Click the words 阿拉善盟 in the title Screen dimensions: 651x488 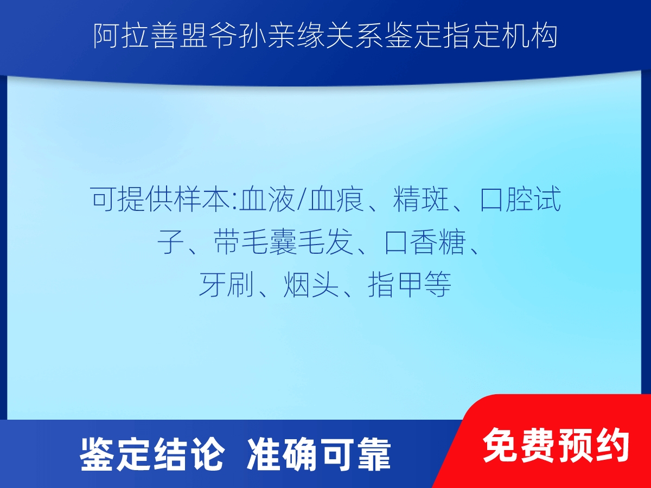(150, 36)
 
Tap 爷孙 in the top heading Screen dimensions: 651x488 (237, 36)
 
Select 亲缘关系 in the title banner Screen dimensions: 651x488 (324, 36)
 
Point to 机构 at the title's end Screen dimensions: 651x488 (529, 36)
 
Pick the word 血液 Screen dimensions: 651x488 (267, 199)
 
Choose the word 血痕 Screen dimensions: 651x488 (336, 199)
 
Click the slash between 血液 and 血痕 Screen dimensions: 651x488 (302, 199)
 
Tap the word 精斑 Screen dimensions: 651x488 (421, 199)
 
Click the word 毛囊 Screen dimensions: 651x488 (269, 242)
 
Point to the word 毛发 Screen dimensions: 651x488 (326, 242)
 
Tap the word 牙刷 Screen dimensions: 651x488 (226, 285)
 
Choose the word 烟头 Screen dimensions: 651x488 (311, 285)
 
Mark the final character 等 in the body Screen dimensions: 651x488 (438, 285)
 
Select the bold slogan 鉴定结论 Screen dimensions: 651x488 (152, 454)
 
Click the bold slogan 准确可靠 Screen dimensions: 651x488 (319, 454)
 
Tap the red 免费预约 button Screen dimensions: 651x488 (556, 445)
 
